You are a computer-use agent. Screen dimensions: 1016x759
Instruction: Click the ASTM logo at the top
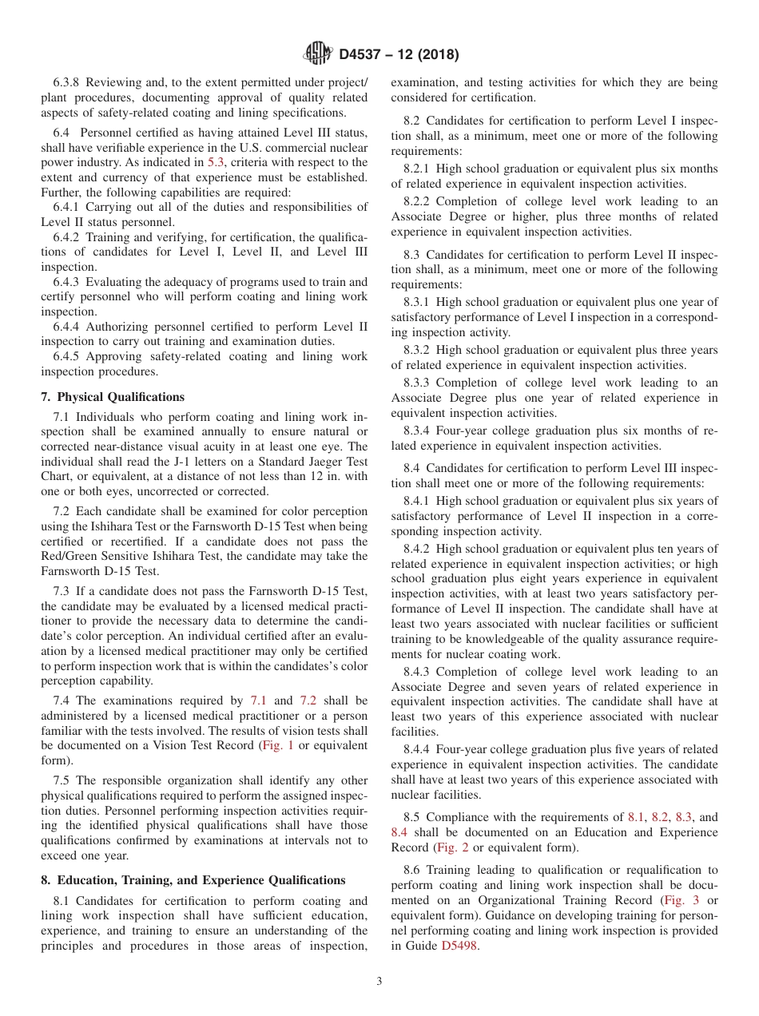(318, 54)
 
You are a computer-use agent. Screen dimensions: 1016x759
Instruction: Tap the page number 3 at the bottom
(379, 981)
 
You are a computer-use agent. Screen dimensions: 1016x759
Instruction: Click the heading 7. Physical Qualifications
(113, 397)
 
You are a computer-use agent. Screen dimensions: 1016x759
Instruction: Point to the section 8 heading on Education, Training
(193, 880)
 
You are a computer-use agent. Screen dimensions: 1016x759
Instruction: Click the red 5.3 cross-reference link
(216, 162)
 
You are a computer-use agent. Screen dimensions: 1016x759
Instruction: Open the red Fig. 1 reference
(277, 745)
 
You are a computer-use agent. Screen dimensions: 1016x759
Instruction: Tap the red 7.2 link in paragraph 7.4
(308, 700)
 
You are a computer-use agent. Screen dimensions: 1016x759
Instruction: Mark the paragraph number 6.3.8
(68, 82)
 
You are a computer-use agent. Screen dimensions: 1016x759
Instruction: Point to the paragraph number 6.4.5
(68, 356)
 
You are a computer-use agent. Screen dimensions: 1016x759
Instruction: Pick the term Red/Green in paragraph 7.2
(69, 556)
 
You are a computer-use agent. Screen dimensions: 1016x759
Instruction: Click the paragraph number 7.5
(62, 780)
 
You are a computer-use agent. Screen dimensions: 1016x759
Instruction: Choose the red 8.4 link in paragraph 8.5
(399, 832)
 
